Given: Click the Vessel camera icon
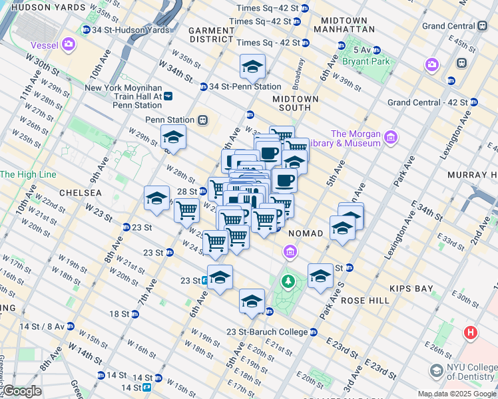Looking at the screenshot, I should click(x=69, y=45).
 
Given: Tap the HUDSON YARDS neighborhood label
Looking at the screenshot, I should click(x=49, y=7).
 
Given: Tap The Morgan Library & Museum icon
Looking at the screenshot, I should click(x=390, y=138).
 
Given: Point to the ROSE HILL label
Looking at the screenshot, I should click(x=365, y=301).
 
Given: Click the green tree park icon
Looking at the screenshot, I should click(x=288, y=281).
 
